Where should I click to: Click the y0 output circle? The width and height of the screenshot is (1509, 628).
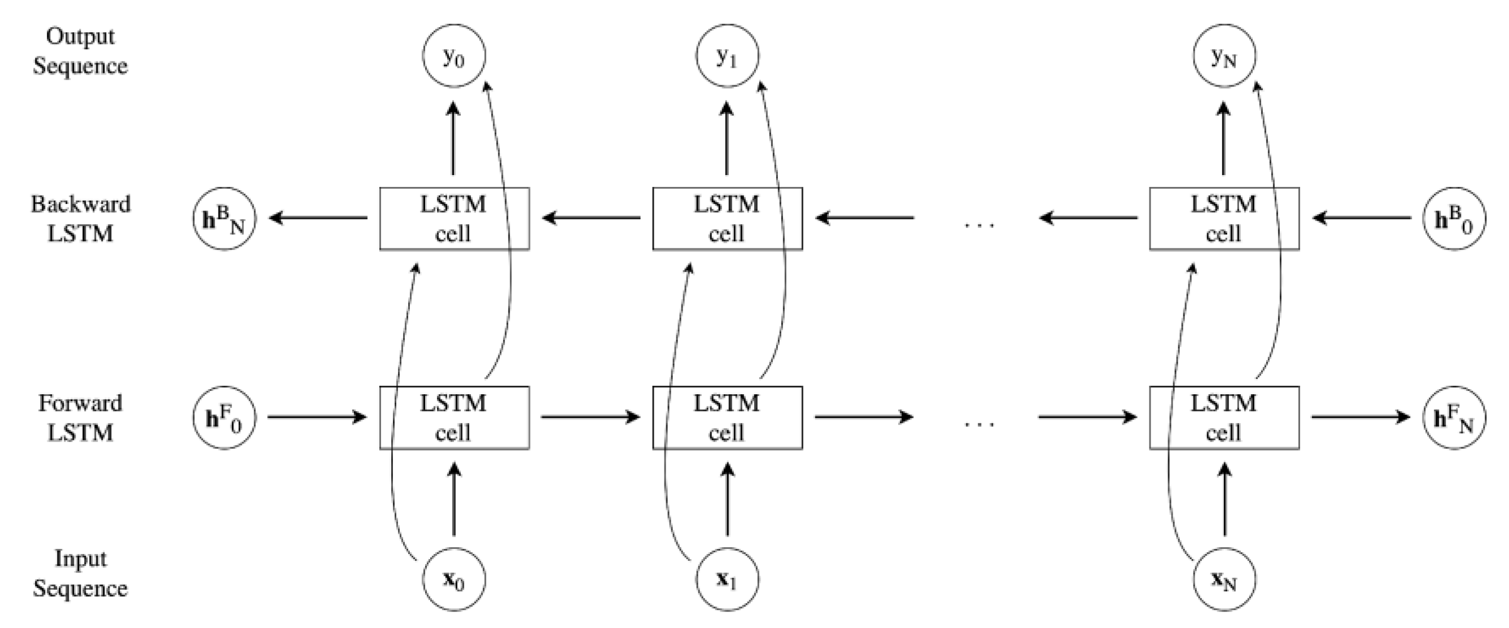(x=454, y=56)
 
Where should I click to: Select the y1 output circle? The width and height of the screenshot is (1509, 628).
(x=727, y=56)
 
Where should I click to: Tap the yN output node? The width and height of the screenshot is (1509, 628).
(x=1224, y=56)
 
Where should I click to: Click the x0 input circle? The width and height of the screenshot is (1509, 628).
(x=454, y=579)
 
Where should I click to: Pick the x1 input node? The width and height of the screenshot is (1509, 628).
(x=727, y=579)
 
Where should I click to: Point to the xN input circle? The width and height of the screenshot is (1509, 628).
(x=1224, y=579)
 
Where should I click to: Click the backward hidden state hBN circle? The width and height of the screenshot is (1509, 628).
(x=224, y=219)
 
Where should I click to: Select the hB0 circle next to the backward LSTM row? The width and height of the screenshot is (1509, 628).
(x=1454, y=219)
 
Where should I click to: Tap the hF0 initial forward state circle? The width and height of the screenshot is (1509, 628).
(x=224, y=418)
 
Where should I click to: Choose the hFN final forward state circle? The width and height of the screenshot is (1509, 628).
(x=1454, y=418)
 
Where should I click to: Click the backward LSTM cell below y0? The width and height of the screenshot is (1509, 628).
(x=454, y=219)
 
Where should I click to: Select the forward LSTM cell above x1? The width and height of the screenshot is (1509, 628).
(x=727, y=418)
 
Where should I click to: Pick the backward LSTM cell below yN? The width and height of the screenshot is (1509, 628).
(x=1224, y=219)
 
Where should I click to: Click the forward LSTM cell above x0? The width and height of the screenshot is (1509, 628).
(x=454, y=418)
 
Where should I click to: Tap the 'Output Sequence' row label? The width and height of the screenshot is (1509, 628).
(x=80, y=51)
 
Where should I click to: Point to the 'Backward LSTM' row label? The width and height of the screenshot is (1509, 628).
(x=80, y=219)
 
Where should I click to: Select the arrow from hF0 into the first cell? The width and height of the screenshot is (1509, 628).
(x=317, y=417)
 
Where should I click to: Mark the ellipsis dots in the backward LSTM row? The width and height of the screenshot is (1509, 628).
(x=979, y=224)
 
